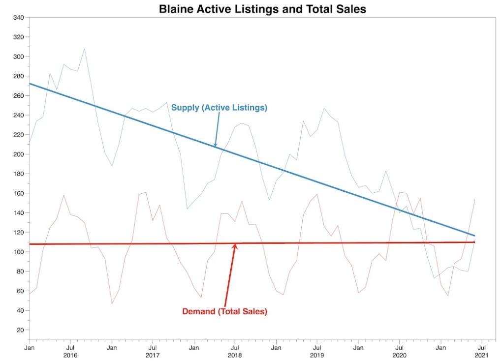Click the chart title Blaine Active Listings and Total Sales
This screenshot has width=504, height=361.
tap(262, 9)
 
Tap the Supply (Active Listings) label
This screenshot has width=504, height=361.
tap(219, 108)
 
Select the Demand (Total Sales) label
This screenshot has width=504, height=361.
tap(224, 311)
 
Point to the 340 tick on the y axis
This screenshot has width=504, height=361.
tap(18, 18)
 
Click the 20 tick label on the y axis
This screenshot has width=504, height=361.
tap(20, 330)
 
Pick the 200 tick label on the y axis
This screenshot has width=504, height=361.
tap(18, 154)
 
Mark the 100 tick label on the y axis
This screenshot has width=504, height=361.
tap(18, 252)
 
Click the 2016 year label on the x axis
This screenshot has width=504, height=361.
tap(70, 355)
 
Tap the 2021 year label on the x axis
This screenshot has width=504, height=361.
tap(481, 355)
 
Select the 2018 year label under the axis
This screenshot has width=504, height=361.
tap(235, 355)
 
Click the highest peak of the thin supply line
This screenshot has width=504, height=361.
tap(84, 49)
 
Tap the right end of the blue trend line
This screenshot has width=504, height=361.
tap(474, 236)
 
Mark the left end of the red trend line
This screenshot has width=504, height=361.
tap(30, 244)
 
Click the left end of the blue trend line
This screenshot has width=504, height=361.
tap(30, 84)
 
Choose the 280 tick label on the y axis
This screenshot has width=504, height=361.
tap(18, 76)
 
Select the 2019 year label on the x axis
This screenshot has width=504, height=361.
tap(317, 355)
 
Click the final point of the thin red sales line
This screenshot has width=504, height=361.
tap(474, 199)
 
